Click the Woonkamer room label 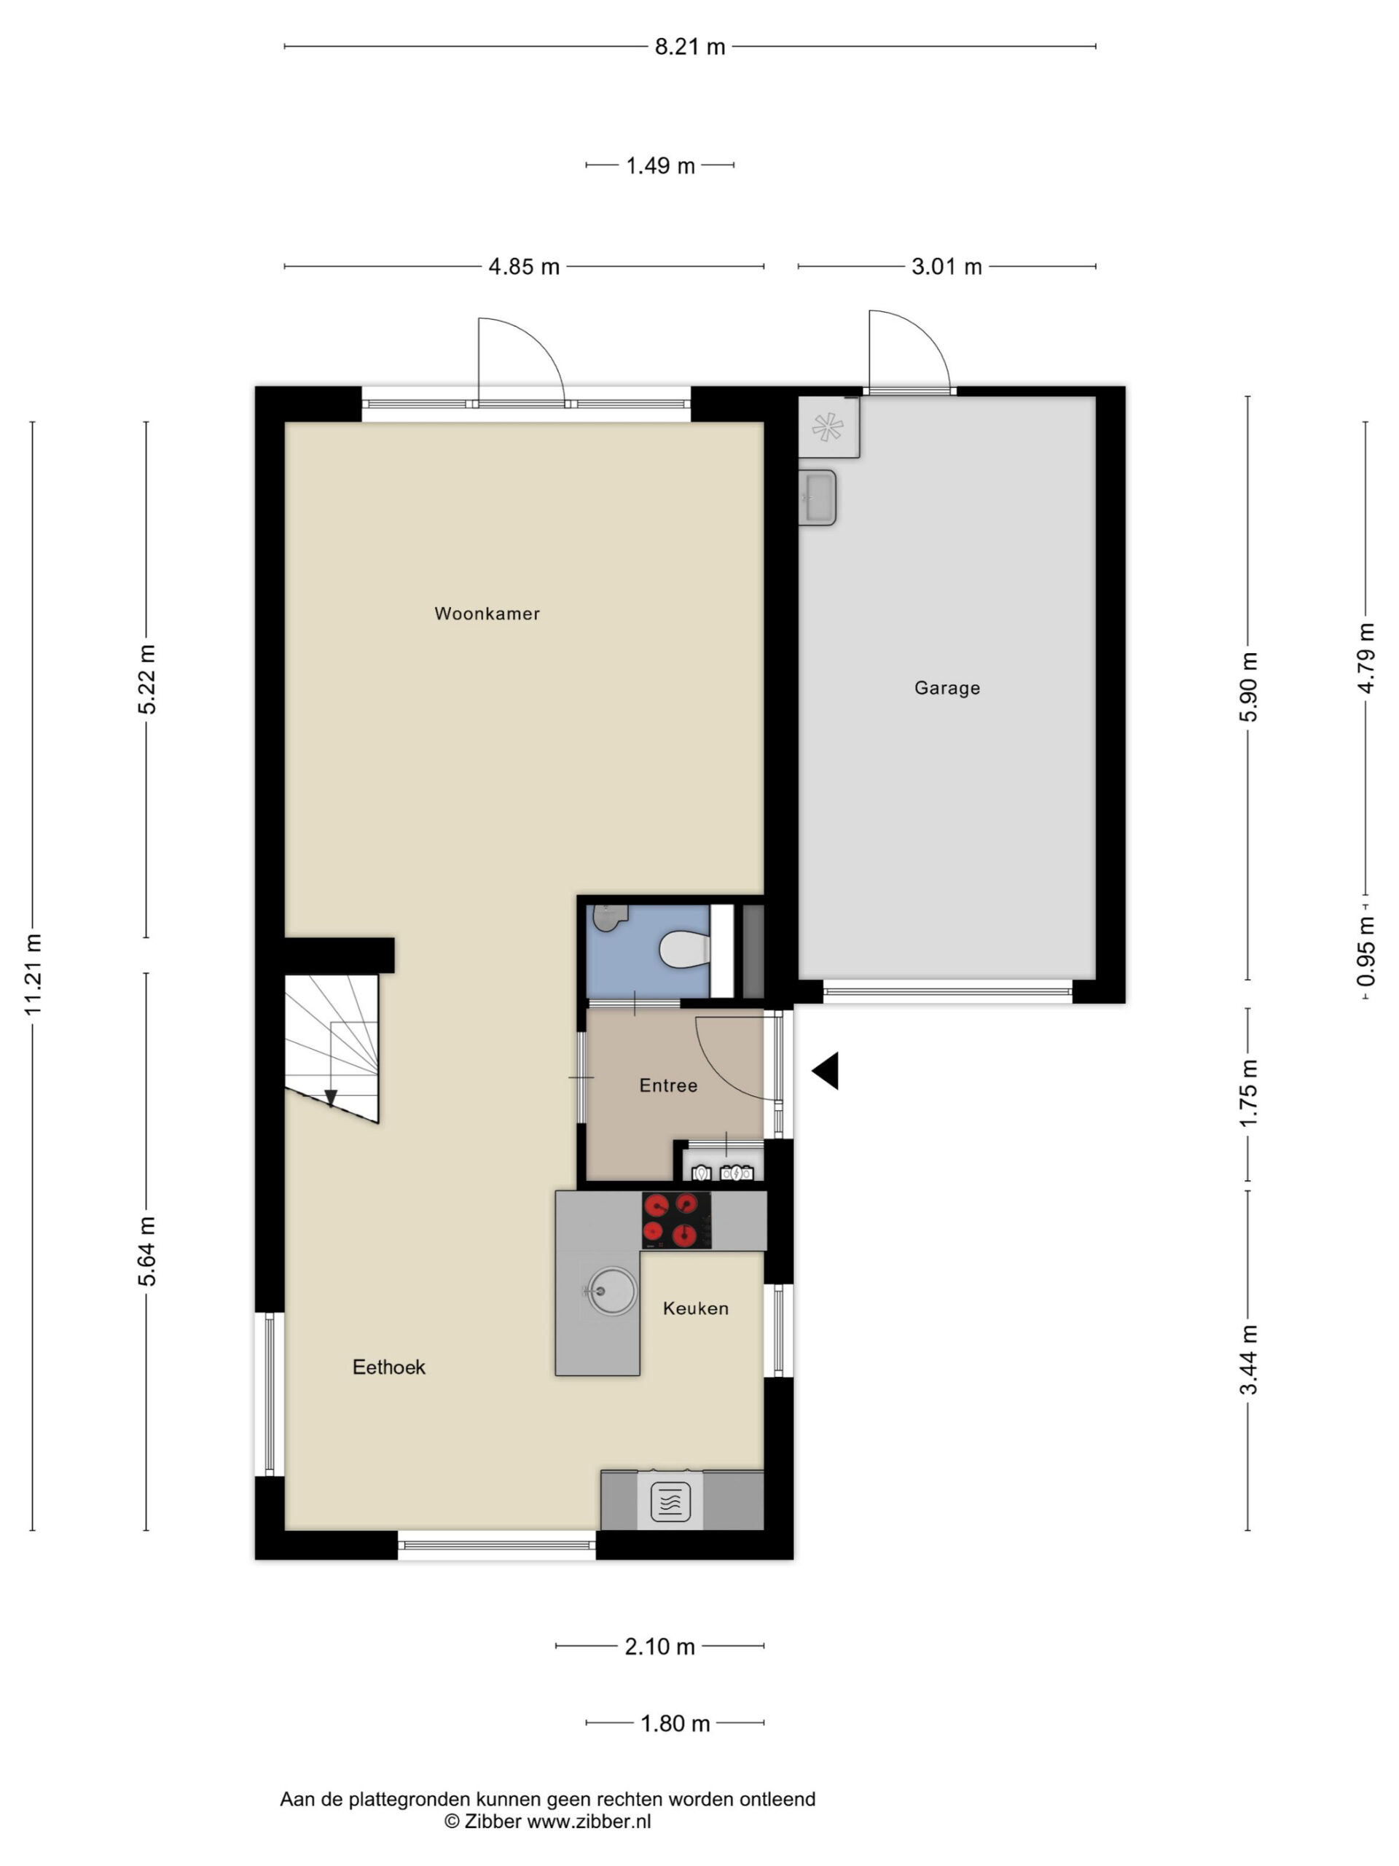point(487,613)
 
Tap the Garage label point(947,687)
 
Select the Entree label point(668,1085)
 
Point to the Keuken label point(696,1308)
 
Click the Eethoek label point(389,1367)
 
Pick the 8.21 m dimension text point(690,47)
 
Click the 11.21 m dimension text point(33,975)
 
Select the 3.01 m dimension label point(947,267)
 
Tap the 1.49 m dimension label point(660,165)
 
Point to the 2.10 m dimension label point(659,1646)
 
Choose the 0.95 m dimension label point(1365,950)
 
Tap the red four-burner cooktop point(676,1219)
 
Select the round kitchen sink point(613,1291)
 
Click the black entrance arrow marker point(826,1071)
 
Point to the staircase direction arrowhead point(331,1097)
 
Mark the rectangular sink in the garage point(817,497)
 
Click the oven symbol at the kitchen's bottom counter point(670,1502)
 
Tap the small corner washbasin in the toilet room point(609,916)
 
